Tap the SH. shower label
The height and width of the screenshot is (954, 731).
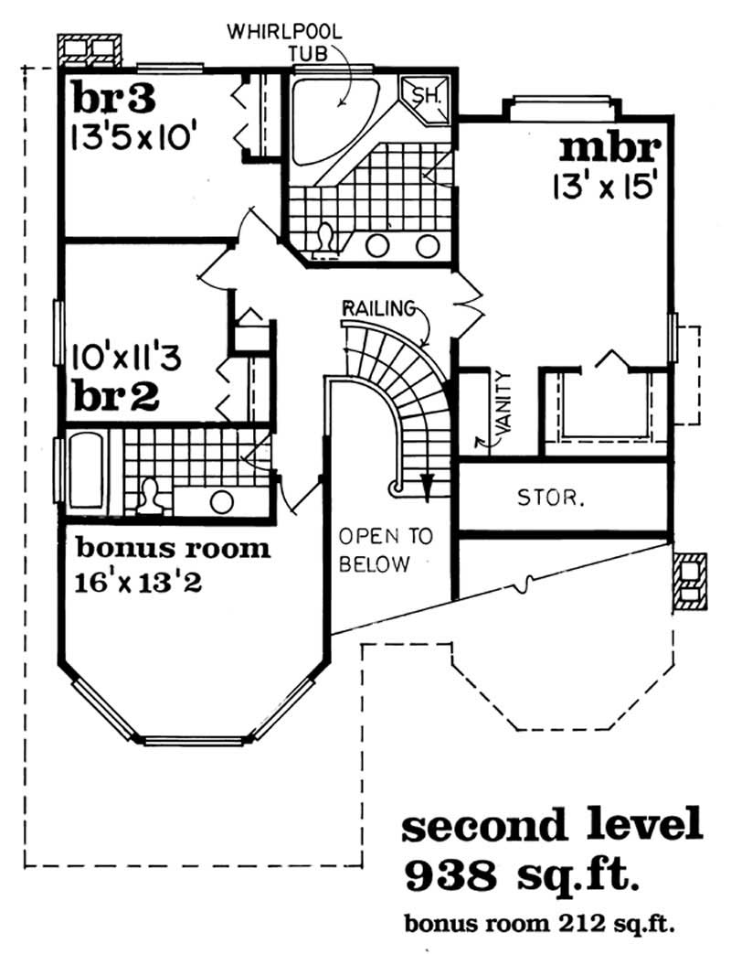coord(427,96)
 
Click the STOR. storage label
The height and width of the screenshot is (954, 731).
coord(552,498)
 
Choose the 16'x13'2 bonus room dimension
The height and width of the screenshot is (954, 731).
coord(139,582)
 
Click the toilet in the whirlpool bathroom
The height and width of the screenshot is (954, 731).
coord(323,239)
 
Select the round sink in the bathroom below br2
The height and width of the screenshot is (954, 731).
coord(220,501)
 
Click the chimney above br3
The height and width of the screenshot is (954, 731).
coord(90,49)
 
